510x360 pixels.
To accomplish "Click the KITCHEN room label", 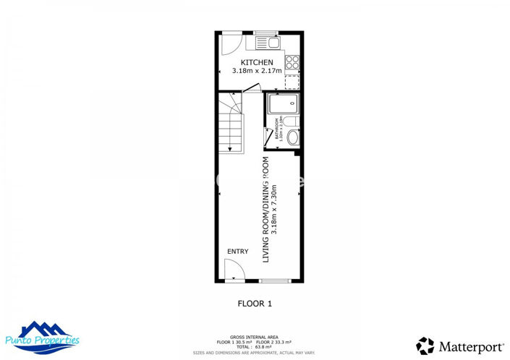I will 257,63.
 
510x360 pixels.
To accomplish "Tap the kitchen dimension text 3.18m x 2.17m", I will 257,72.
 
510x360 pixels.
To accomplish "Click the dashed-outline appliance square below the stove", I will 292,82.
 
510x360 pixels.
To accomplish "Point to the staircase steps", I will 231,130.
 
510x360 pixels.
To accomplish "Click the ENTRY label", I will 238,252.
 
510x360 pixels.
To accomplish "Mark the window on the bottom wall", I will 275,280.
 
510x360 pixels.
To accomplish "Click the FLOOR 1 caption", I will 255,304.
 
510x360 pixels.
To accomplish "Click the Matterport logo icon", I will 425,346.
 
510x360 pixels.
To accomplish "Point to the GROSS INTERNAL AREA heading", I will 255,337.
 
